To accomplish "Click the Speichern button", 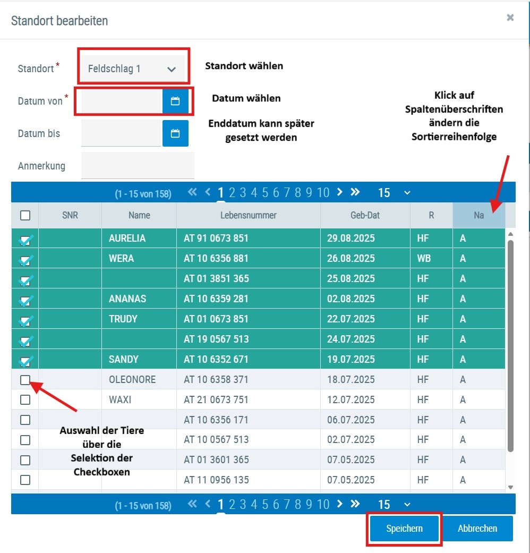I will [x=404, y=529].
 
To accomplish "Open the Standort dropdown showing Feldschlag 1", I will [x=133, y=69].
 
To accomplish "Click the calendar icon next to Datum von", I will [x=175, y=101].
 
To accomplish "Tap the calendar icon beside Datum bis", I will [x=175, y=133].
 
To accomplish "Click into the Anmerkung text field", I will [x=138, y=166].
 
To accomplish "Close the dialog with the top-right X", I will [x=510, y=18].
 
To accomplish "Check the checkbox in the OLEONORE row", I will [x=25, y=380].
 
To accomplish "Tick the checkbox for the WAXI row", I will [x=25, y=399].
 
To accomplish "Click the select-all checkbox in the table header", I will [x=25, y=216].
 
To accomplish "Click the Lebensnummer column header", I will [x=248, y=216].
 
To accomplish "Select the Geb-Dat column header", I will [x=365, y=216].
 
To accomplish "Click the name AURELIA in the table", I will [x=127, y=239].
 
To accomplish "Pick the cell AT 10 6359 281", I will [x=216, y=299].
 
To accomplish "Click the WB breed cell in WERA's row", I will [x=424, y=259].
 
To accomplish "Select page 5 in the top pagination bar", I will [x=265, y=193].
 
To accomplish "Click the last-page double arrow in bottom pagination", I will [x=355, y=504].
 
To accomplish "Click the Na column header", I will [x=478, y=216].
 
